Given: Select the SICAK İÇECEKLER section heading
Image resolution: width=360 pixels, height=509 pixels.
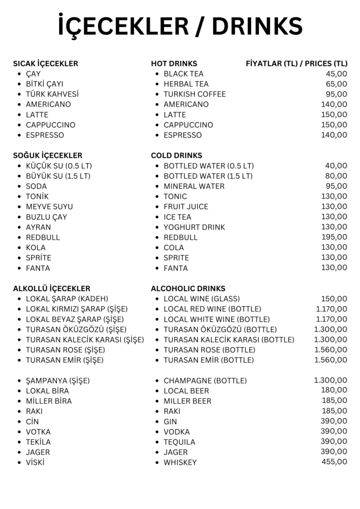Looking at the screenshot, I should coord(45,64).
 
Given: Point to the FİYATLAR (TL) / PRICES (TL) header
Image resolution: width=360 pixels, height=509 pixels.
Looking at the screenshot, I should coord(297,64).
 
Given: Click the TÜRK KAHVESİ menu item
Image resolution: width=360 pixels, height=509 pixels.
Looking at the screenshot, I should coord(52,94).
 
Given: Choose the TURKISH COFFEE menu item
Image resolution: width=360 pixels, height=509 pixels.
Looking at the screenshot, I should coord(194,94).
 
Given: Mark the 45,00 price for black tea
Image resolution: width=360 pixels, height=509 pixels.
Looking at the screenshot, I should coord(337,74).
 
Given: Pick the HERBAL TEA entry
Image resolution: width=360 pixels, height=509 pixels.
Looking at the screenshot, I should coord(186,84).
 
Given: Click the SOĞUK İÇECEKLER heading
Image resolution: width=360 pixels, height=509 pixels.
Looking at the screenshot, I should coord(48,156).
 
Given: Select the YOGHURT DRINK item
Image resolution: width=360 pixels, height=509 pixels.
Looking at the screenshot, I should coord(194,227).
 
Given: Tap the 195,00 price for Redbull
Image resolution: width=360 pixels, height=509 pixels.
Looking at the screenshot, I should coord(335,237).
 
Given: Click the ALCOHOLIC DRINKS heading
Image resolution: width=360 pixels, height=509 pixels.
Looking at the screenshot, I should coord(188,289).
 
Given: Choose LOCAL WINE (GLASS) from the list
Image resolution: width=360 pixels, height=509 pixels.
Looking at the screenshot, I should coord(201,299).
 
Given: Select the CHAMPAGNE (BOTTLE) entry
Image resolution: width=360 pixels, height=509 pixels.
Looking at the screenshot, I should coord(205,381).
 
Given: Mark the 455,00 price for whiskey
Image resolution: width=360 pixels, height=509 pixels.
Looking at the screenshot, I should coord(335,462).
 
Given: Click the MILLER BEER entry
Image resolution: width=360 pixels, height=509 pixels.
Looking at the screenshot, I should coord(187,401).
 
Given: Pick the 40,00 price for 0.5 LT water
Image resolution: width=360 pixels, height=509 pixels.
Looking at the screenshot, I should coord(337,166).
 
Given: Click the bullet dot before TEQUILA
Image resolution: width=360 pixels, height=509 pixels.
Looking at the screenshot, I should coord(157,442).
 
